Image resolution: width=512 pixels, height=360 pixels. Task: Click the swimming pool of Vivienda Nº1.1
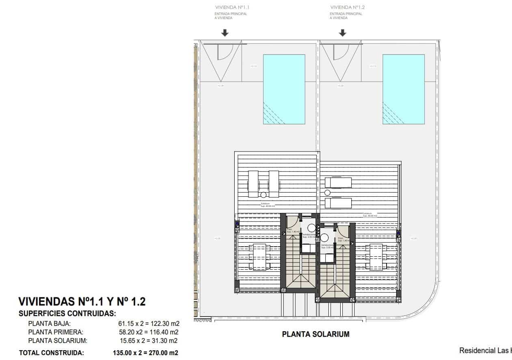click(x=284, y=89)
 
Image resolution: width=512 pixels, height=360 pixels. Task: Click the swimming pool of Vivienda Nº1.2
click(x=404, y=89)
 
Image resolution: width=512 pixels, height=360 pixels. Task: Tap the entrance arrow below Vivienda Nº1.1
click(x=225, y=33)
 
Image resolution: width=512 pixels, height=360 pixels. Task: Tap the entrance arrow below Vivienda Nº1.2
click(x=343, y=33)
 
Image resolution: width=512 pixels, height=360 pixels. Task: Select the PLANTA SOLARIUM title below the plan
click(x=315, y=334)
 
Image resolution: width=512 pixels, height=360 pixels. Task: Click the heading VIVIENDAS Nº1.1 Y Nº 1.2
click(x=82, y=302)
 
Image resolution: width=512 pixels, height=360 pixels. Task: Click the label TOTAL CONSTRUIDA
click(x=52, y=353)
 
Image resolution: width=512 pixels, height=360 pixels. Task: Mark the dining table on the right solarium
click(x=376, y=257)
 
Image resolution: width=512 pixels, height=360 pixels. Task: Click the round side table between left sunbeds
click(x=264, y=195)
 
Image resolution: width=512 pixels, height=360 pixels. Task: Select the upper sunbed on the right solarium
click(x=338, y=183)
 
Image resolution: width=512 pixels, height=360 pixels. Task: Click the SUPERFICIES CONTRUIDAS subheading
click(x=67, y=314)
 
